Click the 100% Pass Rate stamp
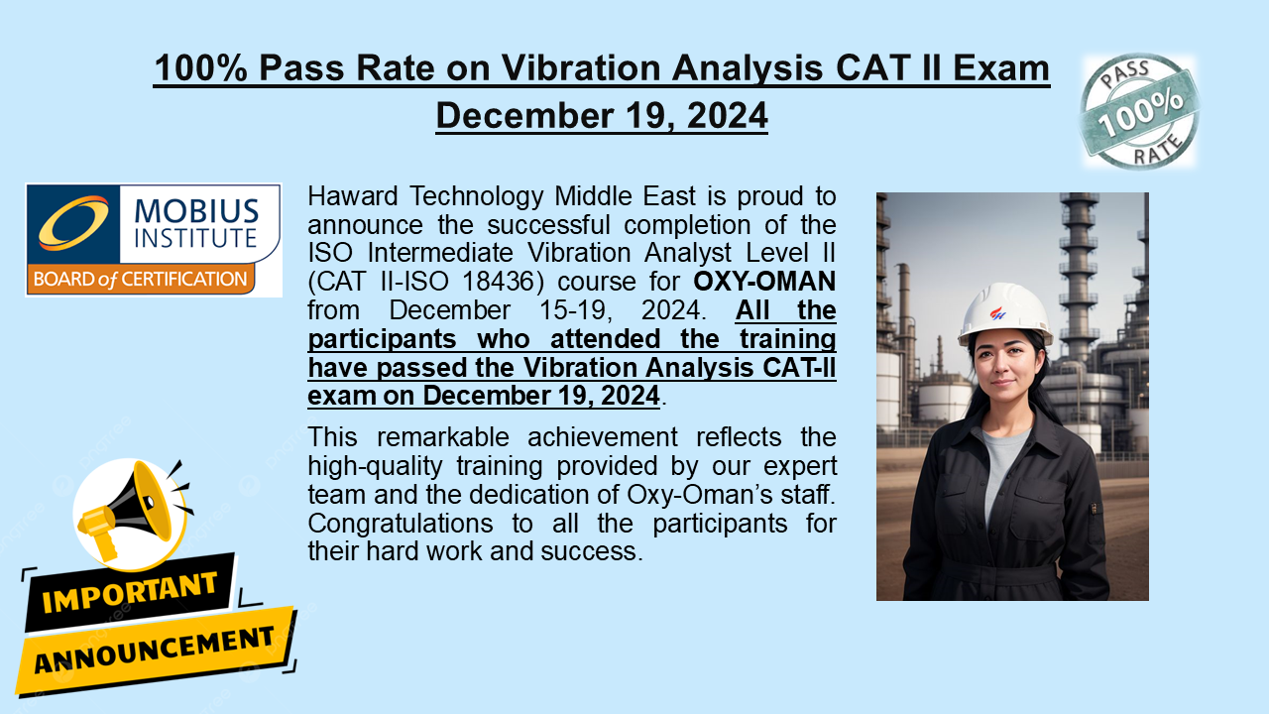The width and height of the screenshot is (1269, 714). tap(1139, 111)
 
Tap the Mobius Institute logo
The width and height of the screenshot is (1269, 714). tap(154, 239)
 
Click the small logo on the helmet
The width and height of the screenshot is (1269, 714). tap(998, 312)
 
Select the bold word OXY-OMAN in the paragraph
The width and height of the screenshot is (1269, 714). tap(763, 281)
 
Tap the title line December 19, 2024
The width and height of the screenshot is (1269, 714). tap(602, 115)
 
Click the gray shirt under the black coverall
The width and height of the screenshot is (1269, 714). tap(1005, 462)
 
